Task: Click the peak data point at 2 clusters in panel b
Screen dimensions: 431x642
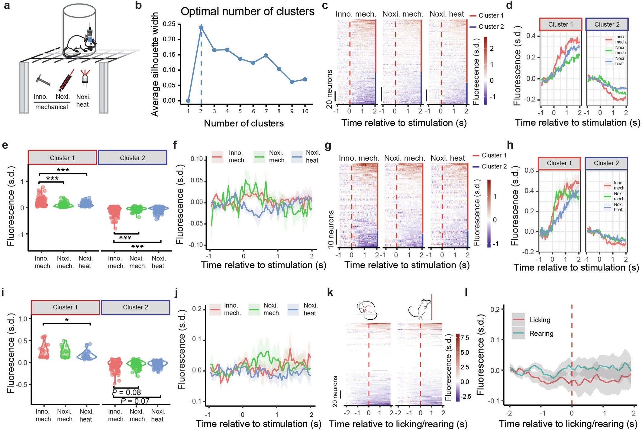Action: click(x=201, y=27)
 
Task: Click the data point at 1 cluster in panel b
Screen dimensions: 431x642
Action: click(x=188, y=101)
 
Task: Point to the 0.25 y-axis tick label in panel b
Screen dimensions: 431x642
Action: click(x=169, y=24)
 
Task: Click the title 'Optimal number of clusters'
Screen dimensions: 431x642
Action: click(x=247, y=11)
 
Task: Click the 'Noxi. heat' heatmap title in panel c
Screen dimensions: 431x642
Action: click(x=447, y=14)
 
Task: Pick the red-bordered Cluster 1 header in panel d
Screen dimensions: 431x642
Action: click(x=560, y=24)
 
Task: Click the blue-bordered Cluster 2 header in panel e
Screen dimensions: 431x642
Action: click(x=132, y=158)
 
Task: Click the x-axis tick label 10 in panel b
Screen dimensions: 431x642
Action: click(x=305, y=111)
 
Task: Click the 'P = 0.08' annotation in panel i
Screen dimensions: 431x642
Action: click(x=126, y=392)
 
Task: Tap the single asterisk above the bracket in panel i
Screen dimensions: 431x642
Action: click(x=67, y=320)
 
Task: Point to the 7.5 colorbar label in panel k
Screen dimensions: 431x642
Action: click(x=465, y=338)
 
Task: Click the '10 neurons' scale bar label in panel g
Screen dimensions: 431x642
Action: click(x=331, y=229)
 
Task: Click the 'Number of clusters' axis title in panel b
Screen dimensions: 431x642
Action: click(x=244, y=123)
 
